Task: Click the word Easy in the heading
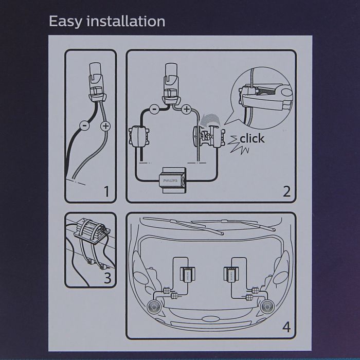coord(65,22)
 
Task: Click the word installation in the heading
coord(126,21)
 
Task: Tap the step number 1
coord(106,191)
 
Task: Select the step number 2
coord(286,191)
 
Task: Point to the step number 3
coord(107,277)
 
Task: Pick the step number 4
coord(286,327)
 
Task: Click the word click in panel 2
coord(252,138)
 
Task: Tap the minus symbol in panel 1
coord(84,125)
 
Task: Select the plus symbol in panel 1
coord(105,126)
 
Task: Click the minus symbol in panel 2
coord(154,109)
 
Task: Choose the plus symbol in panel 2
coord(187,109)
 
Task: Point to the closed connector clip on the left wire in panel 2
coord(139,137)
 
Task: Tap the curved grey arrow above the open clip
coord(210,120)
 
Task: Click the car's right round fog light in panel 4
coord(267,307)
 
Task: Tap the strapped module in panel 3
coord(92,230)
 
